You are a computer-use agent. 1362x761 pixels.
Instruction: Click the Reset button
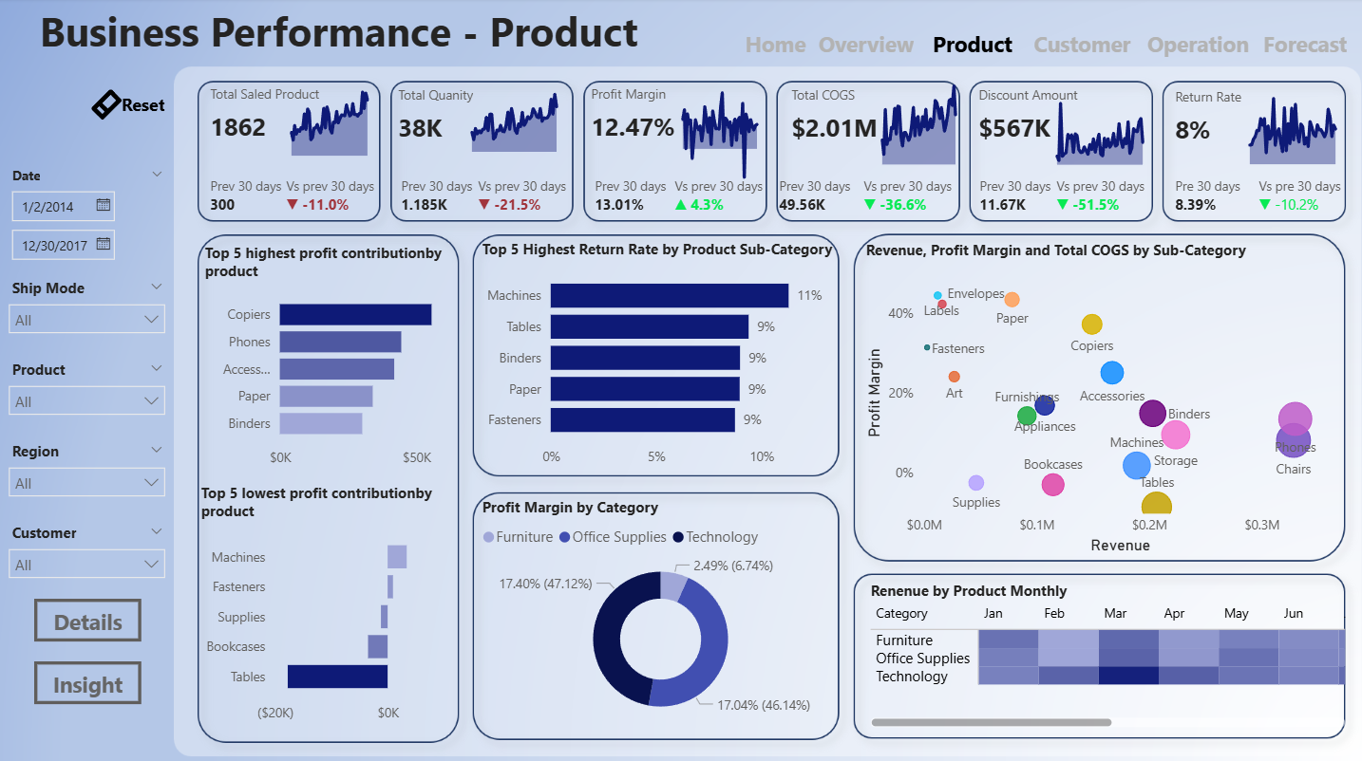pos(129,105)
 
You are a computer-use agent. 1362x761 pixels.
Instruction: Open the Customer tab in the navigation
pos(1082,45)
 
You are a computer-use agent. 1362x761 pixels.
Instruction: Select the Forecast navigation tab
pos(1304,45)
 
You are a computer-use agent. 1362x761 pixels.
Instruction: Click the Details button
pos(87,622)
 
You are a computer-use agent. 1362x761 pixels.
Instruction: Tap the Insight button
pos(87,684)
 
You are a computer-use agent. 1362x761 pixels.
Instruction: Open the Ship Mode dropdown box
pos(86,320)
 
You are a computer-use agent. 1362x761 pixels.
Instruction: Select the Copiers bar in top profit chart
pos(355,314)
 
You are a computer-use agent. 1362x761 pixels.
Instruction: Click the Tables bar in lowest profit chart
pos(337,677)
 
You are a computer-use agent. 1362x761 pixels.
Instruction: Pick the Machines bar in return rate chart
pos(669,296)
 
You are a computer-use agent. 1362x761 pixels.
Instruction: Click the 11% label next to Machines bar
pos(809,296)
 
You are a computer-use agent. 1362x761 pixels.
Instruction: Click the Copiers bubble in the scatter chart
pos(1092,325)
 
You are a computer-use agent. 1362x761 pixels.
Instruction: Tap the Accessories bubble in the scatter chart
pos(1112,373)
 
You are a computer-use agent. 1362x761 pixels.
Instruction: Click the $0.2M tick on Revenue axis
pos(1149,525)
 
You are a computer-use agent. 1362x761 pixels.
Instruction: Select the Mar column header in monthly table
pos(1115,614)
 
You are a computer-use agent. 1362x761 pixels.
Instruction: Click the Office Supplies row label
pos(922,659)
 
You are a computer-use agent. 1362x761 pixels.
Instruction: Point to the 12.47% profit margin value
pos(633,127)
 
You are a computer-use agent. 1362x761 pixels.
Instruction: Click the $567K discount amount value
pos(1014,128)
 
